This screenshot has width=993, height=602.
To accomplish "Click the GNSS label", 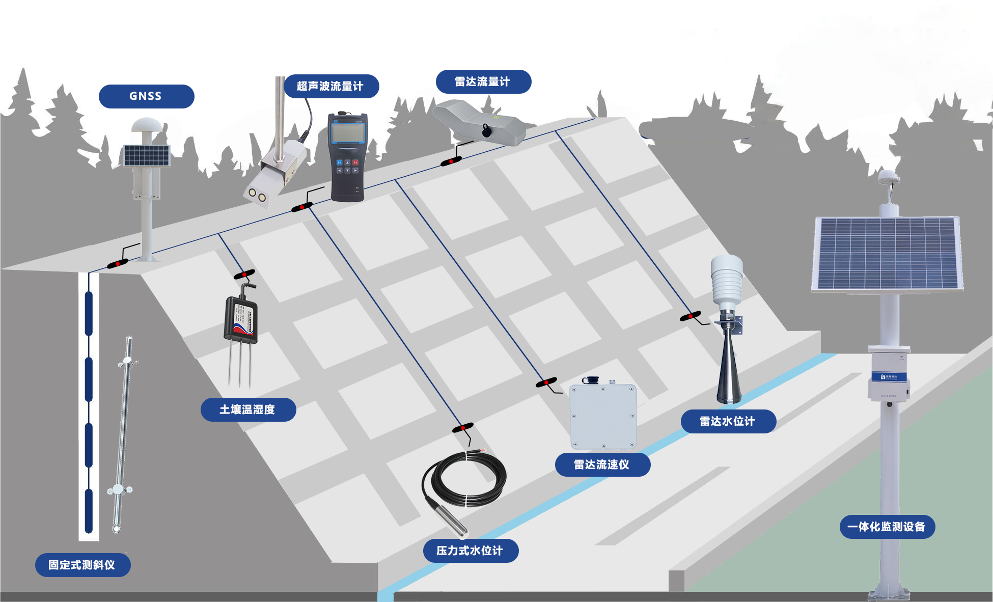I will coord(146,96).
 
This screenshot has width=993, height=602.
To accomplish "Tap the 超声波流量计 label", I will coord(330,86).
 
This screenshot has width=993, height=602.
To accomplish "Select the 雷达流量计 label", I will coord(483,81).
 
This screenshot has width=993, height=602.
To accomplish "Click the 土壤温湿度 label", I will coord(248,409).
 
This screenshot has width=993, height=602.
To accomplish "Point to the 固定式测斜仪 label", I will coord(82,565).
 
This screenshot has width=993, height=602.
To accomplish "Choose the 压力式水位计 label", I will coord(470,551).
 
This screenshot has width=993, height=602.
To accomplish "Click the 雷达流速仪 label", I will coord(602,464).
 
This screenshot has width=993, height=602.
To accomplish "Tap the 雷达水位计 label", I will coord(728,421).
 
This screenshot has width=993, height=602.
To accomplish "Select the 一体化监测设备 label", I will coord(887,527).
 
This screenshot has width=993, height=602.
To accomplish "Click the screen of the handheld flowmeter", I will coord(348,133).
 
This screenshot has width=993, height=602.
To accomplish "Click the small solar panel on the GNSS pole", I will coord(147,155).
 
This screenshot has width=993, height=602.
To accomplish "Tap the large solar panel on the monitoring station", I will coord(887,253).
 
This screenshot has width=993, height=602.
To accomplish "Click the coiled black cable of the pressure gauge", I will coord(464,479).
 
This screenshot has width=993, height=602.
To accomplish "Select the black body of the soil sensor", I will coord(240,320).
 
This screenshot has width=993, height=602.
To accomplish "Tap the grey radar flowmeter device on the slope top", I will coord(479,123).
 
